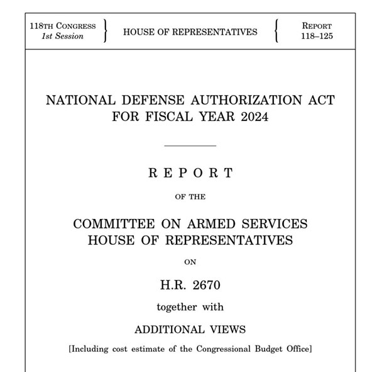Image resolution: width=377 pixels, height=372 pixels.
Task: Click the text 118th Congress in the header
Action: coord(63,26)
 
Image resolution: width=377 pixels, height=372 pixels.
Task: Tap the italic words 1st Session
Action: coord(63,36)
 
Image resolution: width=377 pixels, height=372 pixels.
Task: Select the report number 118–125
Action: coord(317,36)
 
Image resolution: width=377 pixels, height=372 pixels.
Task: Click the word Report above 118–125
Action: coord(317,26)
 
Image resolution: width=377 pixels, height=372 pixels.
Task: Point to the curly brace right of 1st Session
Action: coord(106,31)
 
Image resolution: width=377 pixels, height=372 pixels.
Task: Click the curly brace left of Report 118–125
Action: coord(276,31)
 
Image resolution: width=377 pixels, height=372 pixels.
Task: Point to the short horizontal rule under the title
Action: coord(189,145)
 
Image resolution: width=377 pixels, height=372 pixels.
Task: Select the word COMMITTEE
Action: coord(117,223)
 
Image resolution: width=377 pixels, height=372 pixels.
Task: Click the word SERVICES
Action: coord(275,223)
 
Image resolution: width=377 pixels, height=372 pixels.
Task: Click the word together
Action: coord(175,307)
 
